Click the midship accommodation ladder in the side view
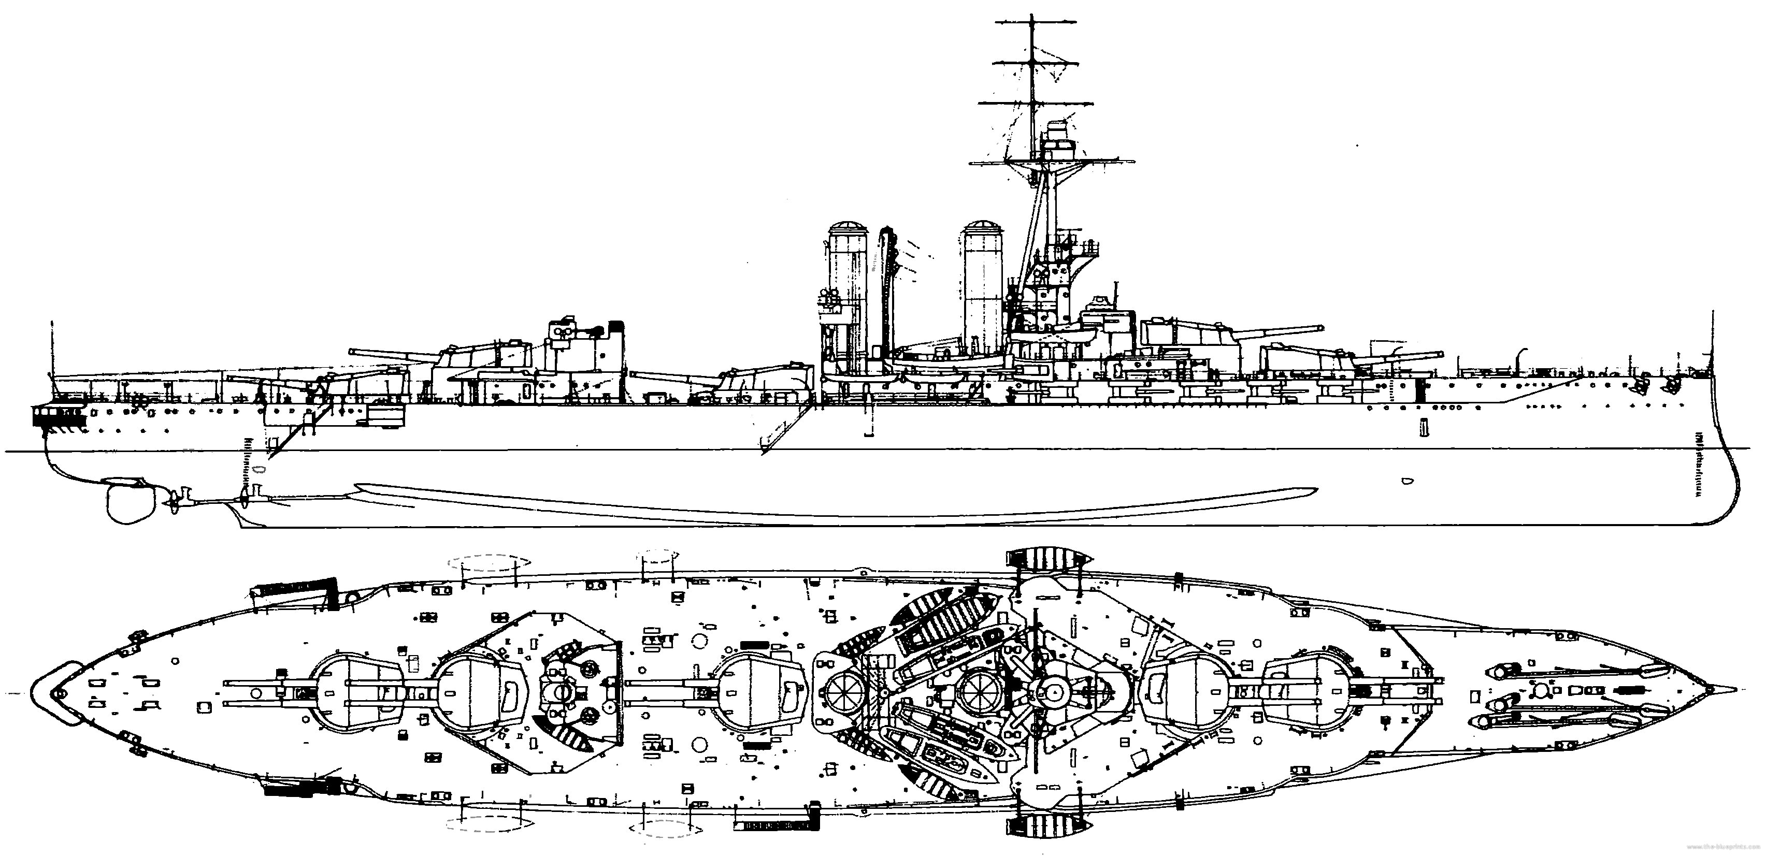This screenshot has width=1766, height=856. point(785,428)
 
